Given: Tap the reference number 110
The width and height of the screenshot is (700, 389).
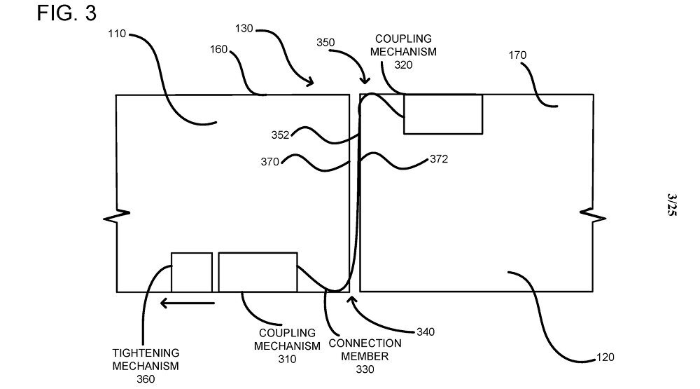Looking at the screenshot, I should (118, 33).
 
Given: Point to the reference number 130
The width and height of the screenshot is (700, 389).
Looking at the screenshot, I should (244, 29).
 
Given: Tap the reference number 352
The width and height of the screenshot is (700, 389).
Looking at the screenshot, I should (281, 135).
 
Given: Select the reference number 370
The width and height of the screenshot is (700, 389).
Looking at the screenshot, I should (270, 162).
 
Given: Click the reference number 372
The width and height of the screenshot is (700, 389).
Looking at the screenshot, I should (438, 159).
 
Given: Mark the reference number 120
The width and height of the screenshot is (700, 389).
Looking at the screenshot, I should (605, 357).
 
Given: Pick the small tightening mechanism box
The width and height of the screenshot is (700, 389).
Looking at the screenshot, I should (192, 272).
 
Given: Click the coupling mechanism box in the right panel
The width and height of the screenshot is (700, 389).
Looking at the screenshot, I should (443, 114).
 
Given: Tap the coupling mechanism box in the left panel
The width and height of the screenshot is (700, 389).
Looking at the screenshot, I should (258, 272).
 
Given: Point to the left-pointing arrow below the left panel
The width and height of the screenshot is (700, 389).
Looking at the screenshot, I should (187, 303).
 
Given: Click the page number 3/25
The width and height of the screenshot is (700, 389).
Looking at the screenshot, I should (672, 206).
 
